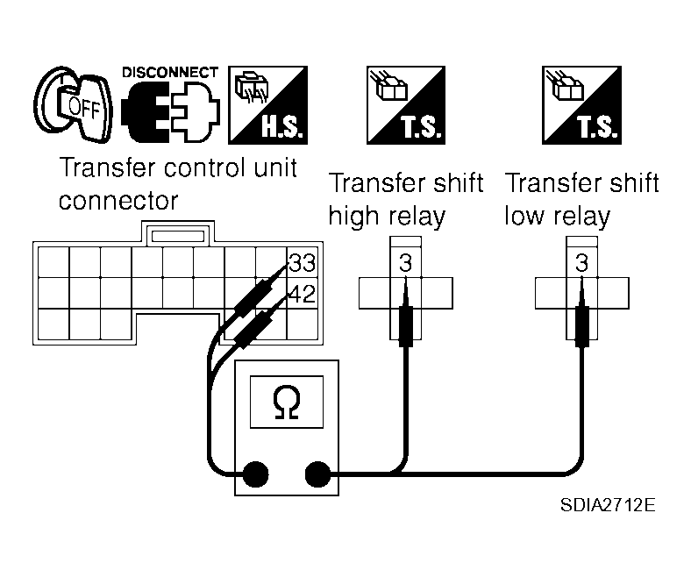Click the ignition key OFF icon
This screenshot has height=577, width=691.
coord(73,105)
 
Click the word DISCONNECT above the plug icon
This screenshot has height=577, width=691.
coord(170,72)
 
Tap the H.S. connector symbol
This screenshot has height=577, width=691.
coord(268,105)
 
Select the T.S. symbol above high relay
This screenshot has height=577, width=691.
coord(406,105)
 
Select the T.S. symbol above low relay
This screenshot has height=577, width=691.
coord(581,105)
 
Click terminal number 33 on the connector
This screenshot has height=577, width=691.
coord(302,262)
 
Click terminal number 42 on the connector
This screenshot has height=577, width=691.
coord(302,294)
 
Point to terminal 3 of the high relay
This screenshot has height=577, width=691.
coord(405,263)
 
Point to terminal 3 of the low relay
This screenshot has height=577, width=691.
coord(581,263)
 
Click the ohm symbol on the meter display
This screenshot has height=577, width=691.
coord(287,402)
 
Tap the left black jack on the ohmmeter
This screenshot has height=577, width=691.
coord(255,474)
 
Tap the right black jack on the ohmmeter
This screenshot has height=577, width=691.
coord(317,474)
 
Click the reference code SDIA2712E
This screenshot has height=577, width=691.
coord(608,505)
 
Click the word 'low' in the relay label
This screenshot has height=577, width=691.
coord(524,216)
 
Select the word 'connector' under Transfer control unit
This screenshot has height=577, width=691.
coord(118,201)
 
